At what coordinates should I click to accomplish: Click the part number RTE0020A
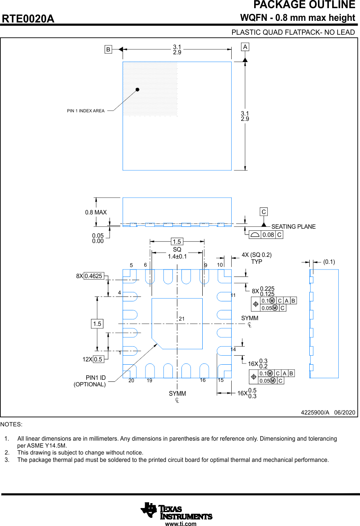point(28,19)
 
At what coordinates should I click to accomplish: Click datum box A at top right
point(245,47)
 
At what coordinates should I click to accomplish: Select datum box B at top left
point(108,49)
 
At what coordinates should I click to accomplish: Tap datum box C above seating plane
point(264,212)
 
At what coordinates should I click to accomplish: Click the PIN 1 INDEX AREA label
point(86,111)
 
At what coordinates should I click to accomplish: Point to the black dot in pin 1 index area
point(138,89)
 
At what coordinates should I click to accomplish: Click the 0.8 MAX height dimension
point(96,212)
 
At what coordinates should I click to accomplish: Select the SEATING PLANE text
point(293,227)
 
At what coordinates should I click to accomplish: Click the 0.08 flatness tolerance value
point(268,235)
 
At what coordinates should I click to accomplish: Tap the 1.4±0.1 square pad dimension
point(177,256)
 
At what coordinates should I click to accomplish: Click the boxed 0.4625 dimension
point(94,276)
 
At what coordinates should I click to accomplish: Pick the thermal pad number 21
point(182,319)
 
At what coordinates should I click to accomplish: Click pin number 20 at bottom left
point(131,380)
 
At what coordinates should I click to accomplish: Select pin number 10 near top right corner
point(220,265)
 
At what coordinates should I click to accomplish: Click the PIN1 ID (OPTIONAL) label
point(90,381)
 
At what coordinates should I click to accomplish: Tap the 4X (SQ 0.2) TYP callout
point(257,258)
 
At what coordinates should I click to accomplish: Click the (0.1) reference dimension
point(329,262)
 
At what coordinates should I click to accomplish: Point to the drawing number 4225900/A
point(315,412)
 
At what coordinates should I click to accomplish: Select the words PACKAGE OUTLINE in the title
point(304,5)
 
